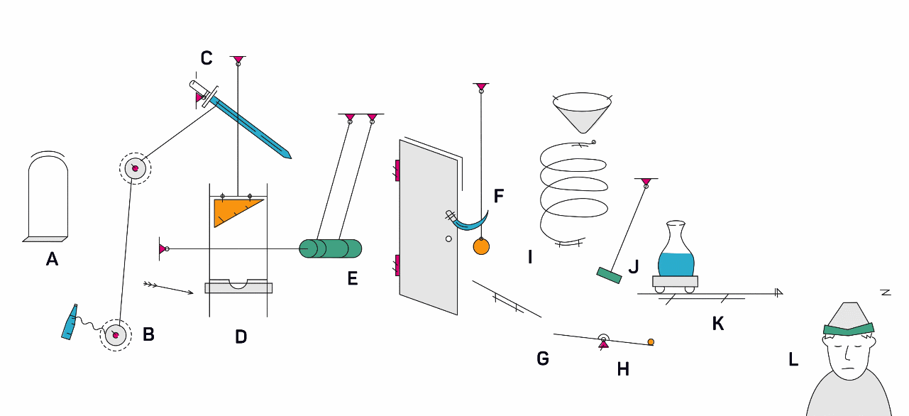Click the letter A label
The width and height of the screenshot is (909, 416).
click(52, 260)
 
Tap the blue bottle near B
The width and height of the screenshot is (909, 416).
click(70, 324)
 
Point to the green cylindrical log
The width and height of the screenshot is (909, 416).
click(330, 248)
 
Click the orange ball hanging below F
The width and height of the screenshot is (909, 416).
click(481, 246)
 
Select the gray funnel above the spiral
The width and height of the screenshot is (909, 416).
click(583, 112)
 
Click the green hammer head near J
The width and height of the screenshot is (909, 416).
click(609, 275)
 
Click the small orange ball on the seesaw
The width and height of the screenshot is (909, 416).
click(651, 342)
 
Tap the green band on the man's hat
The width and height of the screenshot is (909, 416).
click(849, 328)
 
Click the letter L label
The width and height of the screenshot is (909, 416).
click(793, 359)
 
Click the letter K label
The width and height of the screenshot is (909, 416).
click(718, 324)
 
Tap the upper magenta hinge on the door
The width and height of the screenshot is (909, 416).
click(397, 170)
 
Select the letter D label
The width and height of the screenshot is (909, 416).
click(241, 336)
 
